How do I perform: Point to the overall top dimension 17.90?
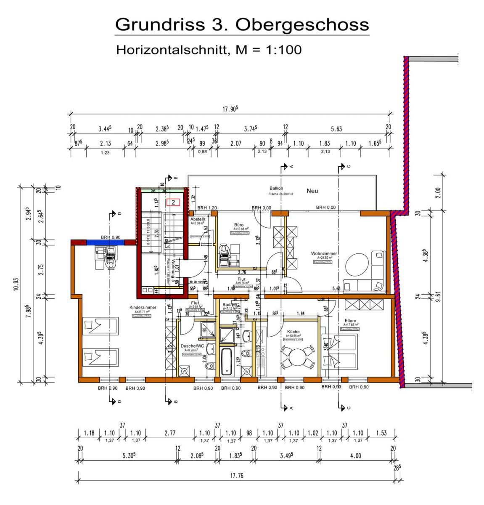[230, 109]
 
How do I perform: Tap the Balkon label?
[276, 188]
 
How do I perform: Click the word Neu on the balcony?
[312, 191]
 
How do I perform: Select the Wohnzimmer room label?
[324, 253]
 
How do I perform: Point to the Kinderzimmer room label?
[143, 308]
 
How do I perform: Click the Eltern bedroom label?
[350, 320]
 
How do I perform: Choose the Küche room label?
[293, 332]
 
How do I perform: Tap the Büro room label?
[238, 225]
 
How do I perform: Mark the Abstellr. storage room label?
[198, 219]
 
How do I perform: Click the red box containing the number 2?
[173, 202]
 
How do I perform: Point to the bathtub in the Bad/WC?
[226, 361]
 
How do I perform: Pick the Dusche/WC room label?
[192, 346]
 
